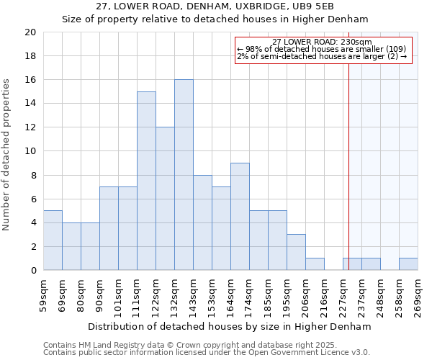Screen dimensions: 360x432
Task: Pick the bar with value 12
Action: click(165, 199)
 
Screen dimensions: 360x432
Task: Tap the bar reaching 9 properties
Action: click(240, 217)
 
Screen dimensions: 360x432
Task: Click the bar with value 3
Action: click(296, 252)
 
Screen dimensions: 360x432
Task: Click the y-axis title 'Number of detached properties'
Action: click(7, 155)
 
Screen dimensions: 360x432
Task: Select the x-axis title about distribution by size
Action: click(230, 326)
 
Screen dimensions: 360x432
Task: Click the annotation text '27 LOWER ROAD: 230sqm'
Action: click(323, 42)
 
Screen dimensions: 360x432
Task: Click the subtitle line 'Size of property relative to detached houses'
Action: click(215, 19)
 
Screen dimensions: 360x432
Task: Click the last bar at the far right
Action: click(408, 264)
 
